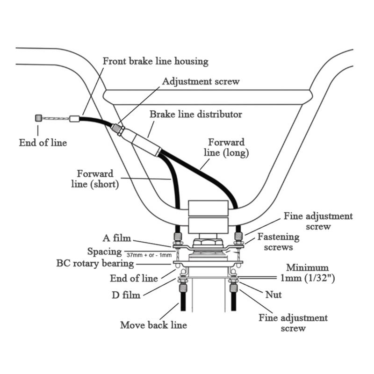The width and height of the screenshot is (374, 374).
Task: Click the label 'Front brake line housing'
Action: [x=156, y=61]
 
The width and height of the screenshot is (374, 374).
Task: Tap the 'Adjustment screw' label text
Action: [x=201, y=81]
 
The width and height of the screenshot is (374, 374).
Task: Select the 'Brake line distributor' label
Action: [x=195, y=114]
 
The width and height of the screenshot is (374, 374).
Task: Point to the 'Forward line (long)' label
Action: [x=226, y=147]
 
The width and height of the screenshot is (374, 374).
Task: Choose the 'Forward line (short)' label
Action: [x=95, y=179]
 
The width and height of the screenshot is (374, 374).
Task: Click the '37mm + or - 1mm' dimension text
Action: [x=149, y=255]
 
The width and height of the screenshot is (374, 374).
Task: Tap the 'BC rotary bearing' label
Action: [x=95, y=264]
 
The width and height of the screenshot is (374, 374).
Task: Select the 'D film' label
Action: [x=126, y=295]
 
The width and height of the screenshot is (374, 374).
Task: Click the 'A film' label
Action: [x=117, y=238]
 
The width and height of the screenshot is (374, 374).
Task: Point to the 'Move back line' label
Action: [x=153, y=325]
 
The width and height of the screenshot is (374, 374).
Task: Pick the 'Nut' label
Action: [x=273, y=295]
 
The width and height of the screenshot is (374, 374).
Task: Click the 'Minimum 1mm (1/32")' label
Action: [x=308, y=273]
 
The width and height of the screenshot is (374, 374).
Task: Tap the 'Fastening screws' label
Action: [x=278, y=242]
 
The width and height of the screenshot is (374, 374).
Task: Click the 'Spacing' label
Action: [x=104, y=252]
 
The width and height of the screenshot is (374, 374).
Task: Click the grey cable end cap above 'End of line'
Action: [x=39, y=118]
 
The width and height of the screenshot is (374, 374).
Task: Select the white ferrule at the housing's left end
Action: [x=74, y=119]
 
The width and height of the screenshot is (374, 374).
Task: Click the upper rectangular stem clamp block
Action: [x=208, y=208]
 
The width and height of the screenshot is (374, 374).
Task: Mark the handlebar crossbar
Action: [x=208, y=97]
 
